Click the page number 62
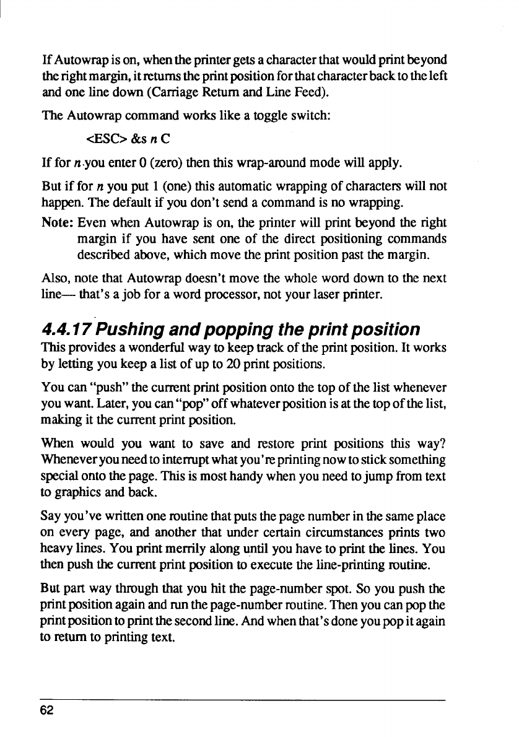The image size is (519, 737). [x=48, y=710]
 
